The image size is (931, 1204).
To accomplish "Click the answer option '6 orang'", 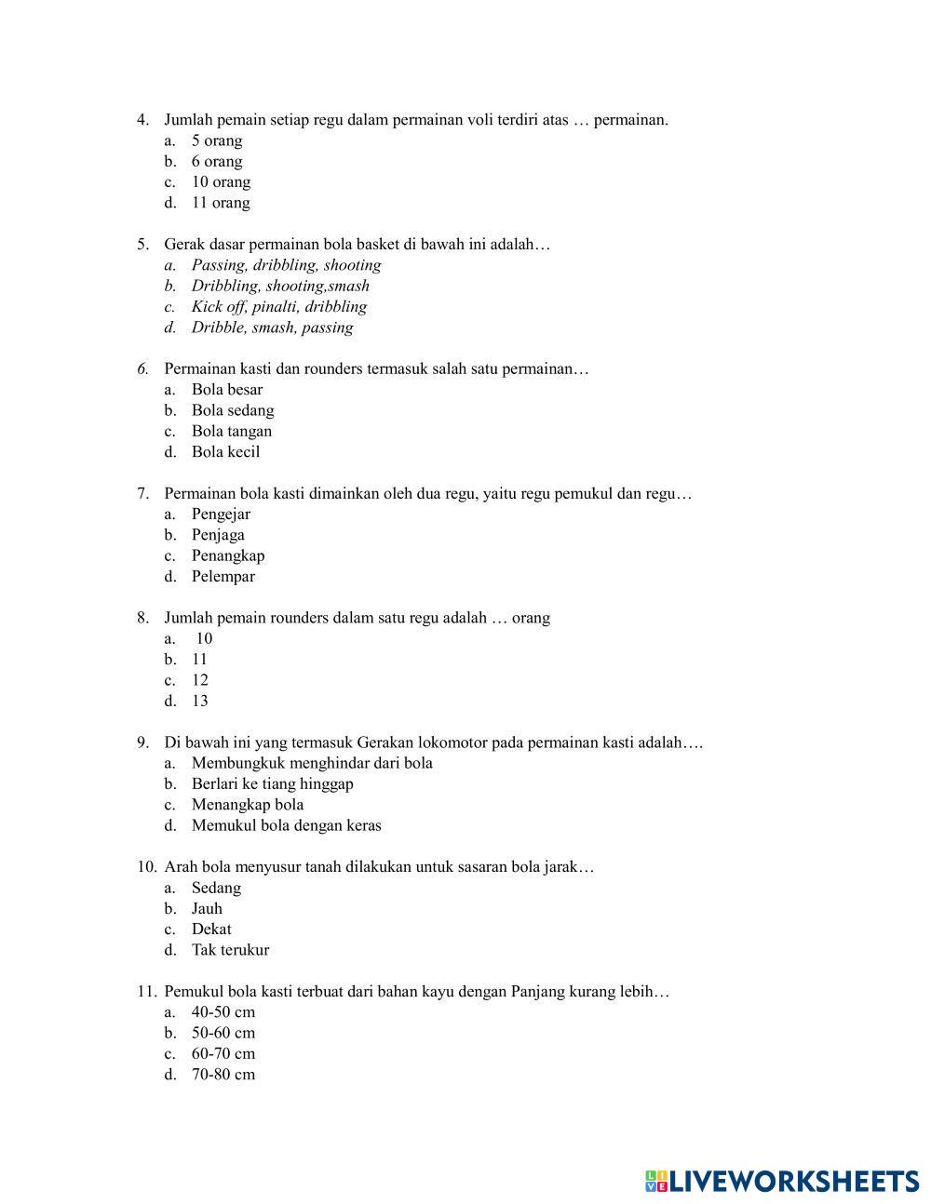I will [216, 162].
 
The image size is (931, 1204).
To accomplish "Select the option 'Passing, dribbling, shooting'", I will [286, 265].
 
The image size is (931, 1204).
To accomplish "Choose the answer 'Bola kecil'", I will [225, 452].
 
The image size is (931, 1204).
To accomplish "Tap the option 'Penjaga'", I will [218, 535].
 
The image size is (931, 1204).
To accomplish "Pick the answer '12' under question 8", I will [200, 680].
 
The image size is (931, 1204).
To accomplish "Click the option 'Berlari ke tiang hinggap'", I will [272, 783].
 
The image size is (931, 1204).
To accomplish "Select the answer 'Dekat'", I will [211, 930].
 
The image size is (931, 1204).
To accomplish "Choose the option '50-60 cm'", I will [223, 1033].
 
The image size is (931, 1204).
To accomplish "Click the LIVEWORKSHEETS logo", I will [782, 1181].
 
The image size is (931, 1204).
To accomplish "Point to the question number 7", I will [142, 493].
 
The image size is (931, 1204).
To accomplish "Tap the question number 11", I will [146, 992].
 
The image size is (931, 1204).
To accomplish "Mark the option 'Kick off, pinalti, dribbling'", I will [278, 307].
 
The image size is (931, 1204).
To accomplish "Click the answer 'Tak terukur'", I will [230, 950].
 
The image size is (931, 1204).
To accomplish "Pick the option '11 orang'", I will [221, 203].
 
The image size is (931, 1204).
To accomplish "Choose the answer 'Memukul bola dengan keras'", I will [286, 825].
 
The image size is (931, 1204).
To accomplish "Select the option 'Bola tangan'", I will [232, 432].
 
